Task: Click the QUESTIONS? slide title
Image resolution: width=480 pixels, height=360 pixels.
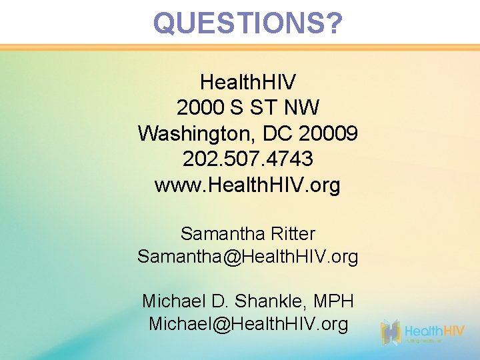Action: click(248, 23)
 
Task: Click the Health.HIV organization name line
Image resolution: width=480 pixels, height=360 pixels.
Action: click(248, 83)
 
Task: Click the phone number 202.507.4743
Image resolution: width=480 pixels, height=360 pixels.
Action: click(248, 159)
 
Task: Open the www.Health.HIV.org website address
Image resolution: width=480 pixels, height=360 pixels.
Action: click(248, 185)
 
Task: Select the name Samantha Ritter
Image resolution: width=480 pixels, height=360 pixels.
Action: click(248, 234)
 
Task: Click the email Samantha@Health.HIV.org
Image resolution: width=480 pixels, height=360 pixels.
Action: click(248, 256)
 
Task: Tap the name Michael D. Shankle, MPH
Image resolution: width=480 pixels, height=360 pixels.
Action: click(248, 301)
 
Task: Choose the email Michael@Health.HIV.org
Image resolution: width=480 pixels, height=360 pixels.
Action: click(248, 324)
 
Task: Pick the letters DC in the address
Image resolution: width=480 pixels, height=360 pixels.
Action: click(278, 133)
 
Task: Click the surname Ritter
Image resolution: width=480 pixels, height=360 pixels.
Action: click(293, 234)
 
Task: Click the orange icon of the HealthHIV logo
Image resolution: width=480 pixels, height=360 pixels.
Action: click(391, 332)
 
